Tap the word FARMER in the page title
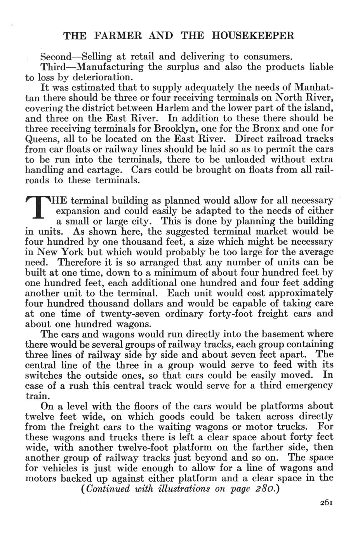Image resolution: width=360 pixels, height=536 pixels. [118, 36]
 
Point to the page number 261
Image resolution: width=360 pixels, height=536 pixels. [325, 502]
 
